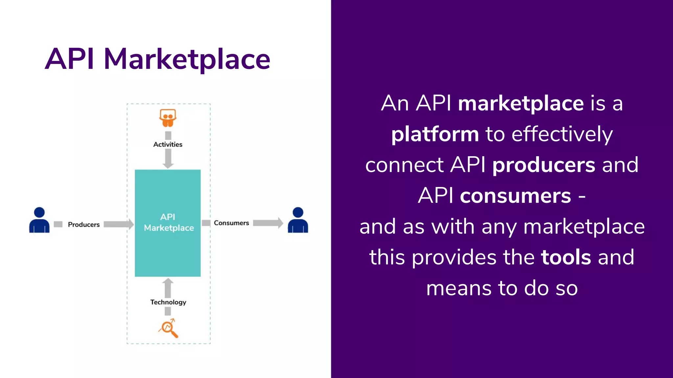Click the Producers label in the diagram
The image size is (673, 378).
pyautogui.click(x=83, y=225)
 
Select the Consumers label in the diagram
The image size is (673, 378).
pyautogui.click(x=231, y=223)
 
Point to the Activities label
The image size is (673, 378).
pyautogui.click(x=168, y=144)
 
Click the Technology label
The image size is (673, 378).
pyautogui.click(x=168, y=302)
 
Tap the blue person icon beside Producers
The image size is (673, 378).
pyautogui.click(x=39, y=220)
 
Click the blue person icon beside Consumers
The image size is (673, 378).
pyautogui.click(x=298, y=220)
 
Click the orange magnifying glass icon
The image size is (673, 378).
pyautogui.click(x=168, y=328)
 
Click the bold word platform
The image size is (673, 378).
pyautogui.click(x=435, y=135)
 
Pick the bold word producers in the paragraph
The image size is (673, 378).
pyautogui.click(x=544, y=165)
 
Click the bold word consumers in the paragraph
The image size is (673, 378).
pyautogui.click(x=515, y=196)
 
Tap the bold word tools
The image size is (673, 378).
pyautogui.click(x=566, y=257)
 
